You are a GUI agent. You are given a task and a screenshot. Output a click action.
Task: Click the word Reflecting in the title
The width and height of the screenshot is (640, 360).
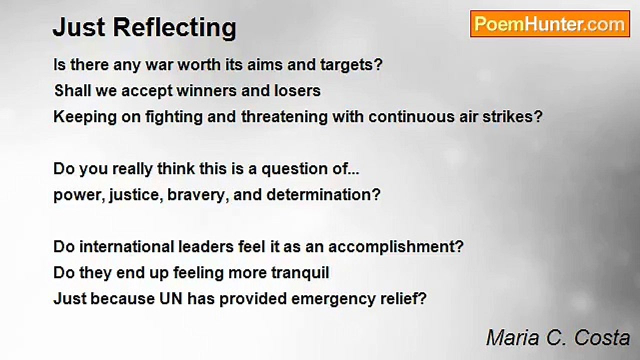click(175, 28)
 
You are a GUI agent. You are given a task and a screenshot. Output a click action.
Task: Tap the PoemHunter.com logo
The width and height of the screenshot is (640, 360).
click(550, 24)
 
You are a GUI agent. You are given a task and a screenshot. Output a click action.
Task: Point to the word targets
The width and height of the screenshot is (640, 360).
click(351, 65)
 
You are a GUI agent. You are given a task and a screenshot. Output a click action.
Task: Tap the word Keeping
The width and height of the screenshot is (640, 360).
click(85, 117)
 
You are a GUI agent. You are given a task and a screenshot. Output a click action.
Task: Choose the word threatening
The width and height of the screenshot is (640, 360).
click(284, 117)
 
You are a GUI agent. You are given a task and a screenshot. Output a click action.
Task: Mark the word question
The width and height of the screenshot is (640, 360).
click(294, 169)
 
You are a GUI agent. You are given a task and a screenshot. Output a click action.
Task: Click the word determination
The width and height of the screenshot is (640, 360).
click(323, 195)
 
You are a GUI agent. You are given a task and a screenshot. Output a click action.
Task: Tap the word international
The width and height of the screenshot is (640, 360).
click(126, 246)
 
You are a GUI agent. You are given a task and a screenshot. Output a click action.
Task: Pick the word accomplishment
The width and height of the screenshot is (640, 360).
click(396, 247)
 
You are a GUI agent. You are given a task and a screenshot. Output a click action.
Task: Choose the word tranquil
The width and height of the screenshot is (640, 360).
click(300, 273)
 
